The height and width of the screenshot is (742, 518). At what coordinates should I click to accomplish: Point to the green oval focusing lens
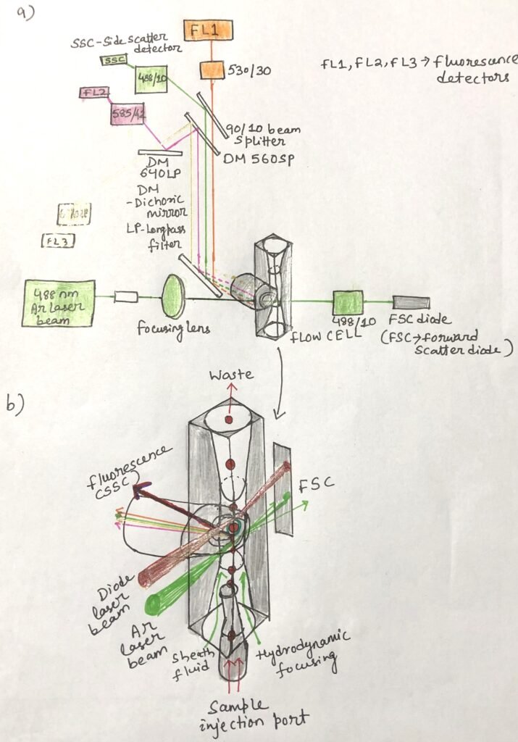point(172,293)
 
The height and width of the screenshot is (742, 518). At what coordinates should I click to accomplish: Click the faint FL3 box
point(57,241)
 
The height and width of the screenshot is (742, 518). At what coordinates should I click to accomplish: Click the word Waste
point(230,375)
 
